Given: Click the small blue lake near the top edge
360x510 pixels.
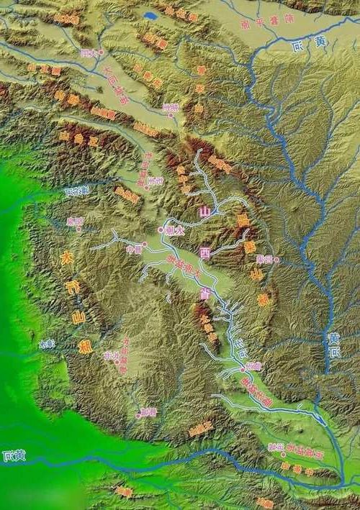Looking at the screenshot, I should pyautogui.click(x=150, y=14).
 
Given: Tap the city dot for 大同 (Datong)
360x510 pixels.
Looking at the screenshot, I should pyautogui.click(x=102, y=53).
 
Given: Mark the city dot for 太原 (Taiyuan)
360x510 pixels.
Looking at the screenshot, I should pyautogui.click(x=161, y=229).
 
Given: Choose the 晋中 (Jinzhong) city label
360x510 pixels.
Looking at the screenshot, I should pyautogui.click(x=133, y=250).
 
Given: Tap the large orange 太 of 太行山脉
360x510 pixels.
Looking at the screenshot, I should pyautogui.click(x=66, y=260).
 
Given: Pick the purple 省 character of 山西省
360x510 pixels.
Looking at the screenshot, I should pyautogui.click(x=206, y=293).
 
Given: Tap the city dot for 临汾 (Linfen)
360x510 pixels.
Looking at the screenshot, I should pyautogui.click(x=243, y=368).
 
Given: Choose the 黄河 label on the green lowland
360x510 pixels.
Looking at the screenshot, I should pyautogui.click(x=13, y=455).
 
